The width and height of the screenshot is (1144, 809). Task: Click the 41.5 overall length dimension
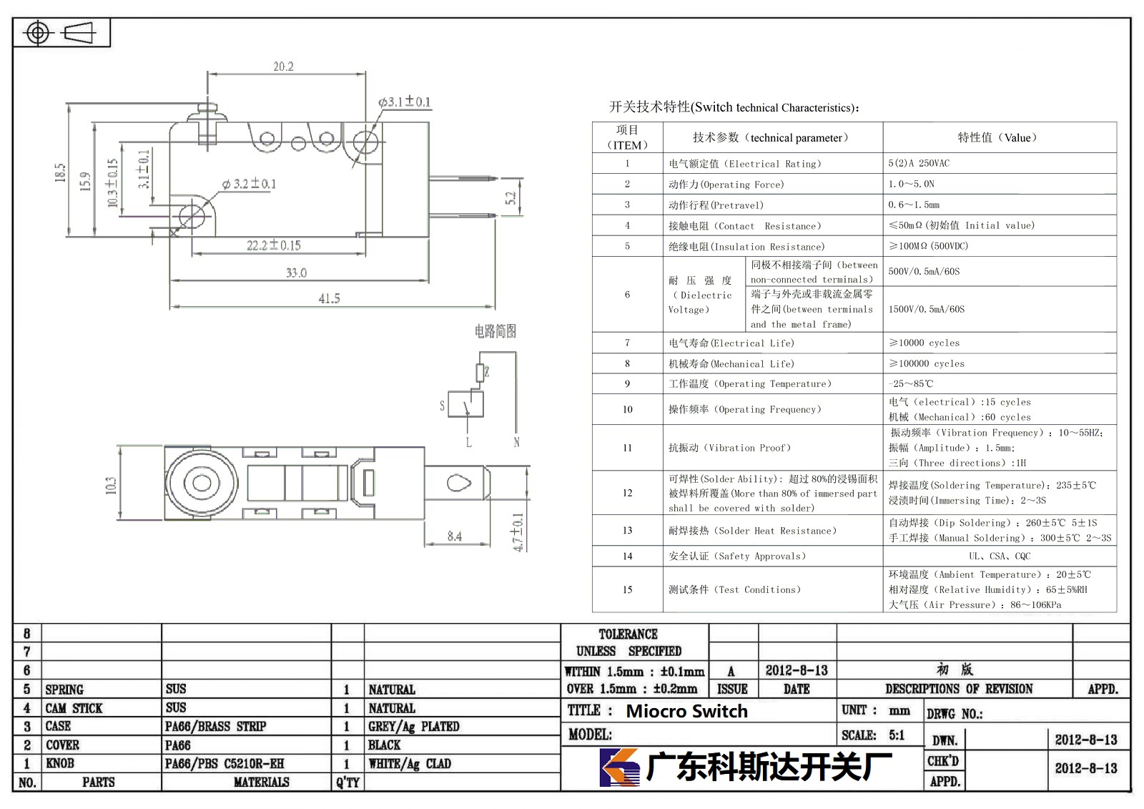[x=329, y=298]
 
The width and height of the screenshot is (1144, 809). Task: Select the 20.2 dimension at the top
[x=283, y=67]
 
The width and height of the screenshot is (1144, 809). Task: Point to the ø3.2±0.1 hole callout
[x=249, y=183]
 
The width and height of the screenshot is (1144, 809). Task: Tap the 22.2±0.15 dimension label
[x=274, y=245]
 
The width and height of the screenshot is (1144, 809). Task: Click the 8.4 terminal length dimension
[x=455, y=536]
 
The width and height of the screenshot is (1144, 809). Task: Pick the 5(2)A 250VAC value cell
[x=919, y=163]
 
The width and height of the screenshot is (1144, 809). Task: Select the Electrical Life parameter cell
[x=731, y=343]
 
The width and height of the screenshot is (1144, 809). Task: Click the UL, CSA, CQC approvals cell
[x=1000, y=556]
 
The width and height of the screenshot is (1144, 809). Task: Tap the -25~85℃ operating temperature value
[x=911, y=383]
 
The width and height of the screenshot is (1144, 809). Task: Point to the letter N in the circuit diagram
[x=516, y=442]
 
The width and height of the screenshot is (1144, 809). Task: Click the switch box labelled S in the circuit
[x=465, y=404]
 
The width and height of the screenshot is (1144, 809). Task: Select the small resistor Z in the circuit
[x=480, y=373]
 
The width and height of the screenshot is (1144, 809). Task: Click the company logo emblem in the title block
[x=619, y=767]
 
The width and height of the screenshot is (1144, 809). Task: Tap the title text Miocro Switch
[x=686, y=711]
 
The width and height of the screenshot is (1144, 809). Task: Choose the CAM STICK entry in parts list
[x=74, y=708]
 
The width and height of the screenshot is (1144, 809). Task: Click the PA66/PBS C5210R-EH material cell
[x=225, y=763]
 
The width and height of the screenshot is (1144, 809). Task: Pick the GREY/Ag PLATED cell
[x=414, y=726]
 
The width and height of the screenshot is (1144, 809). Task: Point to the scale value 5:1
[x=897, y=735]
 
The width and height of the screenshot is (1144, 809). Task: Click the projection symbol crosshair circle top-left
[x=38, y=33]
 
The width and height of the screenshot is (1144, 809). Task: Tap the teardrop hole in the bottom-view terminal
[x=458, y=482]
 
